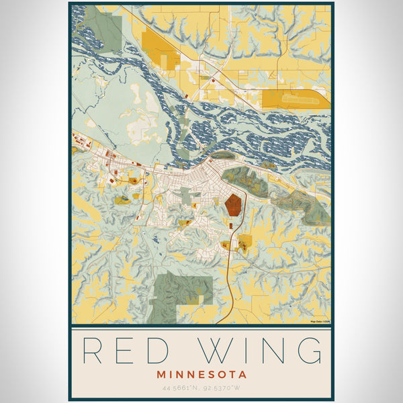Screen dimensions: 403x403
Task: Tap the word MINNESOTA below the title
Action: (x=202, y=374)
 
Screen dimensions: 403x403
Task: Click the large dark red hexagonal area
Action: (x=234, y=204)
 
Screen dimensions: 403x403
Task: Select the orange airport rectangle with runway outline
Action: (x=295, y=99)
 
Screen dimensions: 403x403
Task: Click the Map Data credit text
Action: (x=320, y=322)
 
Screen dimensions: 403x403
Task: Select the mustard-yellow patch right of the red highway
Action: (x=245, y=241)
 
